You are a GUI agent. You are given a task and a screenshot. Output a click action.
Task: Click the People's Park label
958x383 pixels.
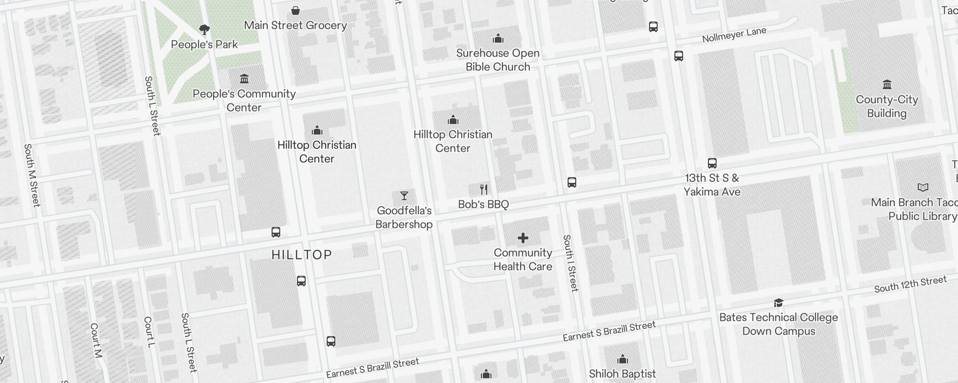click(x=205, y=45)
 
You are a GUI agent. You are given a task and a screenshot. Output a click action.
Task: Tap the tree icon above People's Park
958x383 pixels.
click(x=205, y=30)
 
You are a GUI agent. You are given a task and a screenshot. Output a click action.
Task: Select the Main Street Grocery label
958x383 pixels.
click(x=295, y=25)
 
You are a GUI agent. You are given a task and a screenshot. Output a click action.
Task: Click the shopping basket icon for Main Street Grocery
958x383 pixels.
click(x=296, y=10)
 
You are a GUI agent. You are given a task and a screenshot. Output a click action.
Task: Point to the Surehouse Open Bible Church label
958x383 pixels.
click(x=498, y=60)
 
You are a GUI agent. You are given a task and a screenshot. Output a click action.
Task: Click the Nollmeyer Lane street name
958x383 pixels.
click(x=734, y=34)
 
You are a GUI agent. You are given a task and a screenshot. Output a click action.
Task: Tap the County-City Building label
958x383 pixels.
click(x=887, y=106)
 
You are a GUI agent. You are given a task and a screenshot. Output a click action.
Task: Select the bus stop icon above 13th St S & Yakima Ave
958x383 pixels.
click(x=712, y=163)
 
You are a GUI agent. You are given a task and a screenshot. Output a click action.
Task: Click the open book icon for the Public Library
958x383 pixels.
click(x=923, y=187)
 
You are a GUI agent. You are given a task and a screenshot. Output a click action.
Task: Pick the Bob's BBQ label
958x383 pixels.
click(x=483, y=204)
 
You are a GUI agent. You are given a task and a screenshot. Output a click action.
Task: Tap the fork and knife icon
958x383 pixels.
click(x=484, y=190)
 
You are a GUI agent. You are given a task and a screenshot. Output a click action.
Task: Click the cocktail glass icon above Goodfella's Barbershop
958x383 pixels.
click(x=404, y=196)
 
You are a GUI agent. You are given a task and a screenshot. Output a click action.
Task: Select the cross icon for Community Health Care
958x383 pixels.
click(x=523, y=237)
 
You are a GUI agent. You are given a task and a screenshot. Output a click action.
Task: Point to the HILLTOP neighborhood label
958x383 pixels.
click(x=302, y=255)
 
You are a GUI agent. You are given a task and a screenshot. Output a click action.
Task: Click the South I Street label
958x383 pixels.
click(x=570, y=263)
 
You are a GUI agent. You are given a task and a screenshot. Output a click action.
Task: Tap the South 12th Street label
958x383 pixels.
click(x=910, y=284)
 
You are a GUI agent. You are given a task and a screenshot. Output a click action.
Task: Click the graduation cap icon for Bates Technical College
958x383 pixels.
click(x=778, y=303)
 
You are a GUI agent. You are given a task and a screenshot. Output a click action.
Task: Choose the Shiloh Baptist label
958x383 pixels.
click(x=622, y=374)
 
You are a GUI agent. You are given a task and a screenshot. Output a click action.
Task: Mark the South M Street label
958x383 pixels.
click(x=32, y=175)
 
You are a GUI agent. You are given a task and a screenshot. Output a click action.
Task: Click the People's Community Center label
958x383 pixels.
click(x=244, y=101)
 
